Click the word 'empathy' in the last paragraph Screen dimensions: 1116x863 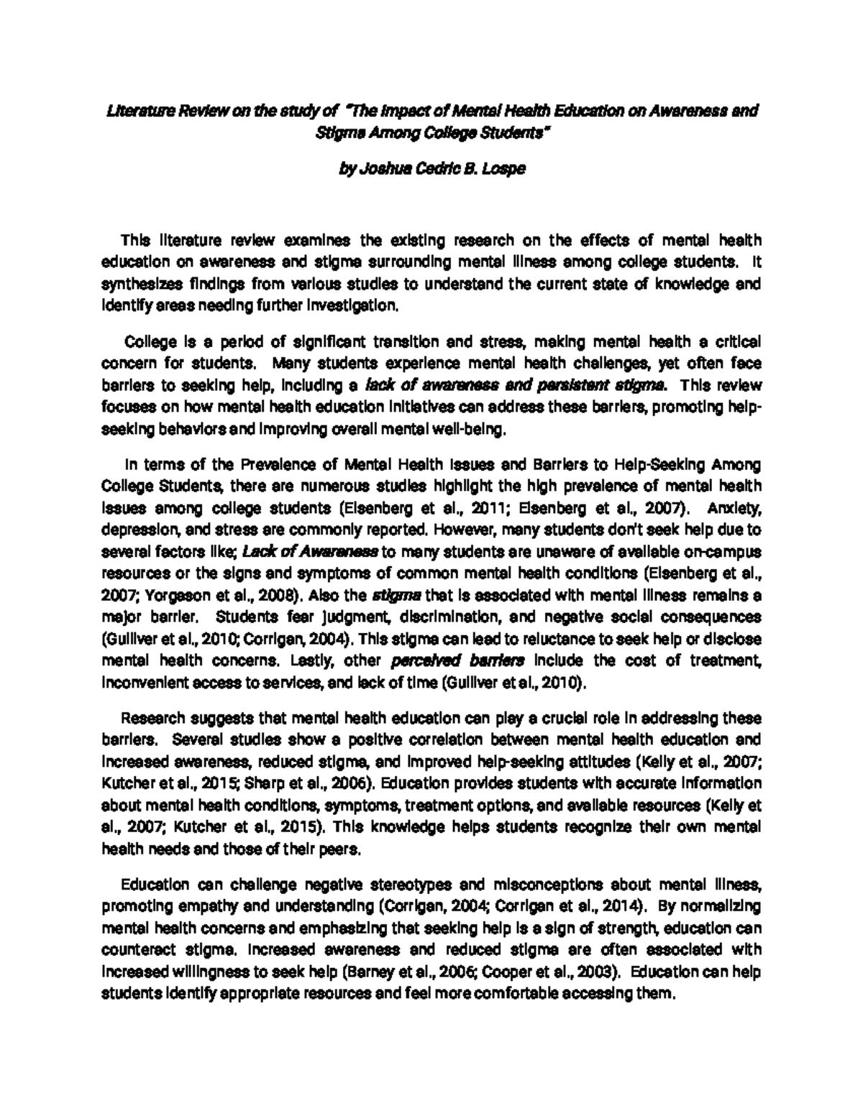pos(188,905)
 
